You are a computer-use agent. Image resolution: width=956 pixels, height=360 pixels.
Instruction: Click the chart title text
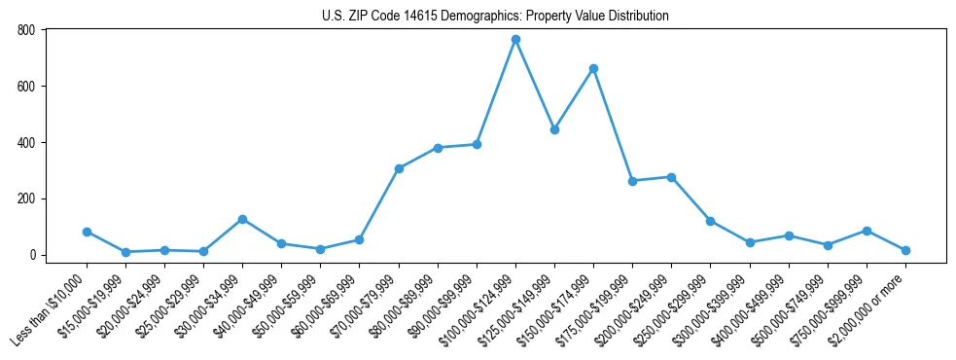click(495, 17)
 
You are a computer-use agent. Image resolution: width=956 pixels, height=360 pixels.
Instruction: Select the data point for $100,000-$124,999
click(515, 39)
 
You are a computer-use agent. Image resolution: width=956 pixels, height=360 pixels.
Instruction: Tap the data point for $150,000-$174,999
click(593, 68)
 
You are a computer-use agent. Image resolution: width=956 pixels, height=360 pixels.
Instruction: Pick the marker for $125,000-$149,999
click(554, 129)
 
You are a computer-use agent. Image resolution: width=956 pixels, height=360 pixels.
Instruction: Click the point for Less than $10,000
click(87, 232)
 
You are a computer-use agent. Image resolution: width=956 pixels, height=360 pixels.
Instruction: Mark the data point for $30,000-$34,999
click(242, 219)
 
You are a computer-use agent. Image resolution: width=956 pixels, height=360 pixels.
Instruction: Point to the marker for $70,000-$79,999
click(399, 168)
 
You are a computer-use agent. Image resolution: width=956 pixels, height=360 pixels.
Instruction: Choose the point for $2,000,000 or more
click(905, 250)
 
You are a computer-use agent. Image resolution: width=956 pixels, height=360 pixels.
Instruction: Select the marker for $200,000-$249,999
click(671, 177)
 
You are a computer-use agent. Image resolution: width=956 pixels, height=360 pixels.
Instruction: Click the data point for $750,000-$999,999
click(867, 231)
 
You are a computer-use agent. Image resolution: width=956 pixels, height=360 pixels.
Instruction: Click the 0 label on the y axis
click(32, 255)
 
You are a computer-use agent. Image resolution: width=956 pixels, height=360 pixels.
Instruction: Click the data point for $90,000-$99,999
click(477, 144)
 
